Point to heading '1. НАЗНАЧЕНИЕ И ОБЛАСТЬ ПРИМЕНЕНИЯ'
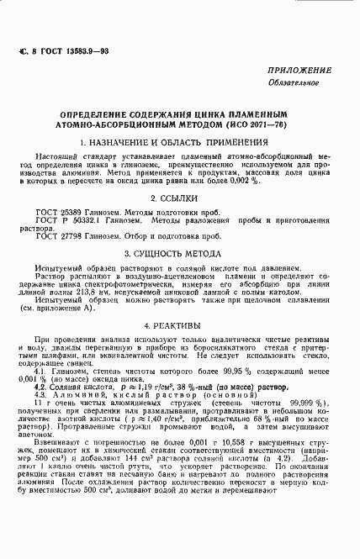tap(181, 143)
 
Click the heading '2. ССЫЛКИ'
tap(181, 198)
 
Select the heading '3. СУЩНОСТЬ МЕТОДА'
tap(181, 252)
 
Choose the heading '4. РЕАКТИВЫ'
tap(181, 324)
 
